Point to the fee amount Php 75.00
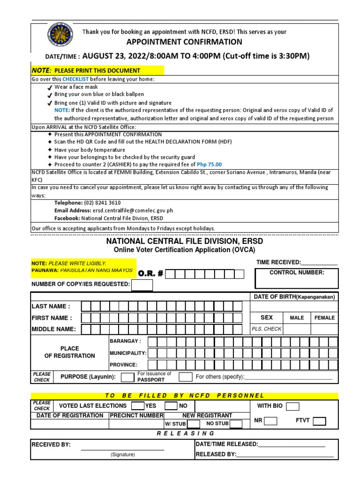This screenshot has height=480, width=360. [210, 165]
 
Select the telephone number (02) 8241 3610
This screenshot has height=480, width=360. [102, 203]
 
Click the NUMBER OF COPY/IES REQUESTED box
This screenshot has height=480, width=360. [142, 285]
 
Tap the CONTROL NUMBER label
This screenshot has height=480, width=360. [297, 272]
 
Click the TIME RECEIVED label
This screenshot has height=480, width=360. [278, 262]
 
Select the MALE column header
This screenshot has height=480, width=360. [297, 317]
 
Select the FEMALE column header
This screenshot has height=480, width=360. [324, 317]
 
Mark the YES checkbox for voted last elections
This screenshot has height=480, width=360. [138, 405]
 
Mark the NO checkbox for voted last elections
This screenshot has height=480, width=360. [171, 405]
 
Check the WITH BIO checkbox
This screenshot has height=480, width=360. [292, 406]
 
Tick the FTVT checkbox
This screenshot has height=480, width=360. [320, 420]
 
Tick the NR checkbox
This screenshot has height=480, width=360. [270, 420]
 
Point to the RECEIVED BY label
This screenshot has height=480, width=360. [51, 444]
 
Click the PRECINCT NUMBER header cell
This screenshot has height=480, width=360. [136, 415]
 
